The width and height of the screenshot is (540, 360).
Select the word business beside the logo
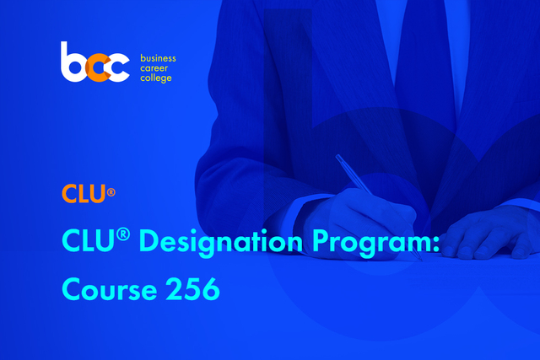coord(158,58)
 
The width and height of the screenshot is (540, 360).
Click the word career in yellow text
coord(154,68)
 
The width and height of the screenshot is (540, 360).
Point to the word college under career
coord(155,78)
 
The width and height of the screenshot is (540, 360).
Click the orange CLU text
coord(84,193)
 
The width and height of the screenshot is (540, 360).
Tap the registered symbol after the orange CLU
coord(111,192)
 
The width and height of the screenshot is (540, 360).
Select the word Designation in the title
coord(221,242)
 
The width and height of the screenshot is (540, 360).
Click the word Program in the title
coord(371,243)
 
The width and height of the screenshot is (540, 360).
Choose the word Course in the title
coord(110,289)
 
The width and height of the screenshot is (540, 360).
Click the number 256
coord(193,288)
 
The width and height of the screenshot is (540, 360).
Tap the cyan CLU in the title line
coord(88,240)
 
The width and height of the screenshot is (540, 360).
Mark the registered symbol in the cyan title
coord(123,234)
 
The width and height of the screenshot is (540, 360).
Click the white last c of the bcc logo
coord(118,67)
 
